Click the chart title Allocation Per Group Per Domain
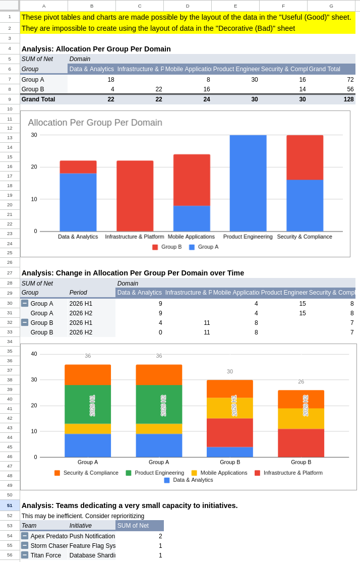click(95, 123)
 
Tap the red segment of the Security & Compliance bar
click(305, 157)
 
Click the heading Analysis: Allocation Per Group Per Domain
click(96, 49)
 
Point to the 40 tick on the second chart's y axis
click(34, 354)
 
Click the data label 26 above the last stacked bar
click(301, 382)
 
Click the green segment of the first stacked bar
click(87, 404)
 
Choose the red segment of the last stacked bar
click(301, 443)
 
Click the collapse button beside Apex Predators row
click(25, 536)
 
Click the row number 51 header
click(10, 505)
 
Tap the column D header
click(188, 6)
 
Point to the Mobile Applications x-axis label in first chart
click(191, 237)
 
